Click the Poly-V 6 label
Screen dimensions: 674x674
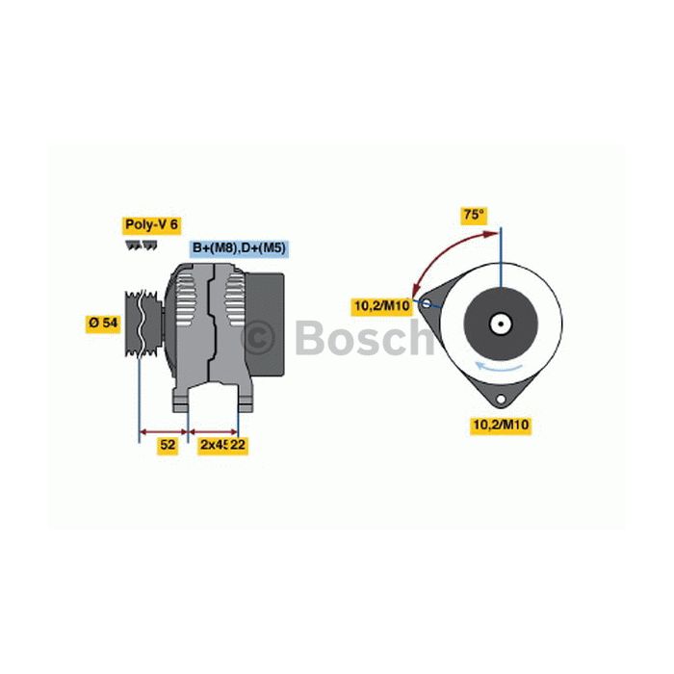[151, 224]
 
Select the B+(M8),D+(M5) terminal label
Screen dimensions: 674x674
[239, 248]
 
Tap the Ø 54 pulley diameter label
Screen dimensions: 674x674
[103, 323]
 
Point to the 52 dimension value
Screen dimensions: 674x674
[168, 445]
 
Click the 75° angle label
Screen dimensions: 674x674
[474, 215]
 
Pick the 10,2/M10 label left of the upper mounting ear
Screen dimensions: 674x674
[381, 306]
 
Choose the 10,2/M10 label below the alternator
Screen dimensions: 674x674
[501, 426]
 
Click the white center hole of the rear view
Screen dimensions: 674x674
[502, 324]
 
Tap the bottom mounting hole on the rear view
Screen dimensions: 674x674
[501, 399]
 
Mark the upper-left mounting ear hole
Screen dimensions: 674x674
[426, 303]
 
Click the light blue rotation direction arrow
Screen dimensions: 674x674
[499, 367]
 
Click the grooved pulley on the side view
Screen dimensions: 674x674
[143, 324]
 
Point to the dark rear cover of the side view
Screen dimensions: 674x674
[265, 324]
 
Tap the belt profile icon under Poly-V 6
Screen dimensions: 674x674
[142, 245]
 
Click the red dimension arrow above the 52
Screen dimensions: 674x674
[164, 431]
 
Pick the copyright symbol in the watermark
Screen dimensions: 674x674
[257, 337]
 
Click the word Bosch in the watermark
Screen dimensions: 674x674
[365, 337]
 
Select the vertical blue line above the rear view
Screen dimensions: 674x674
[501, 257]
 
